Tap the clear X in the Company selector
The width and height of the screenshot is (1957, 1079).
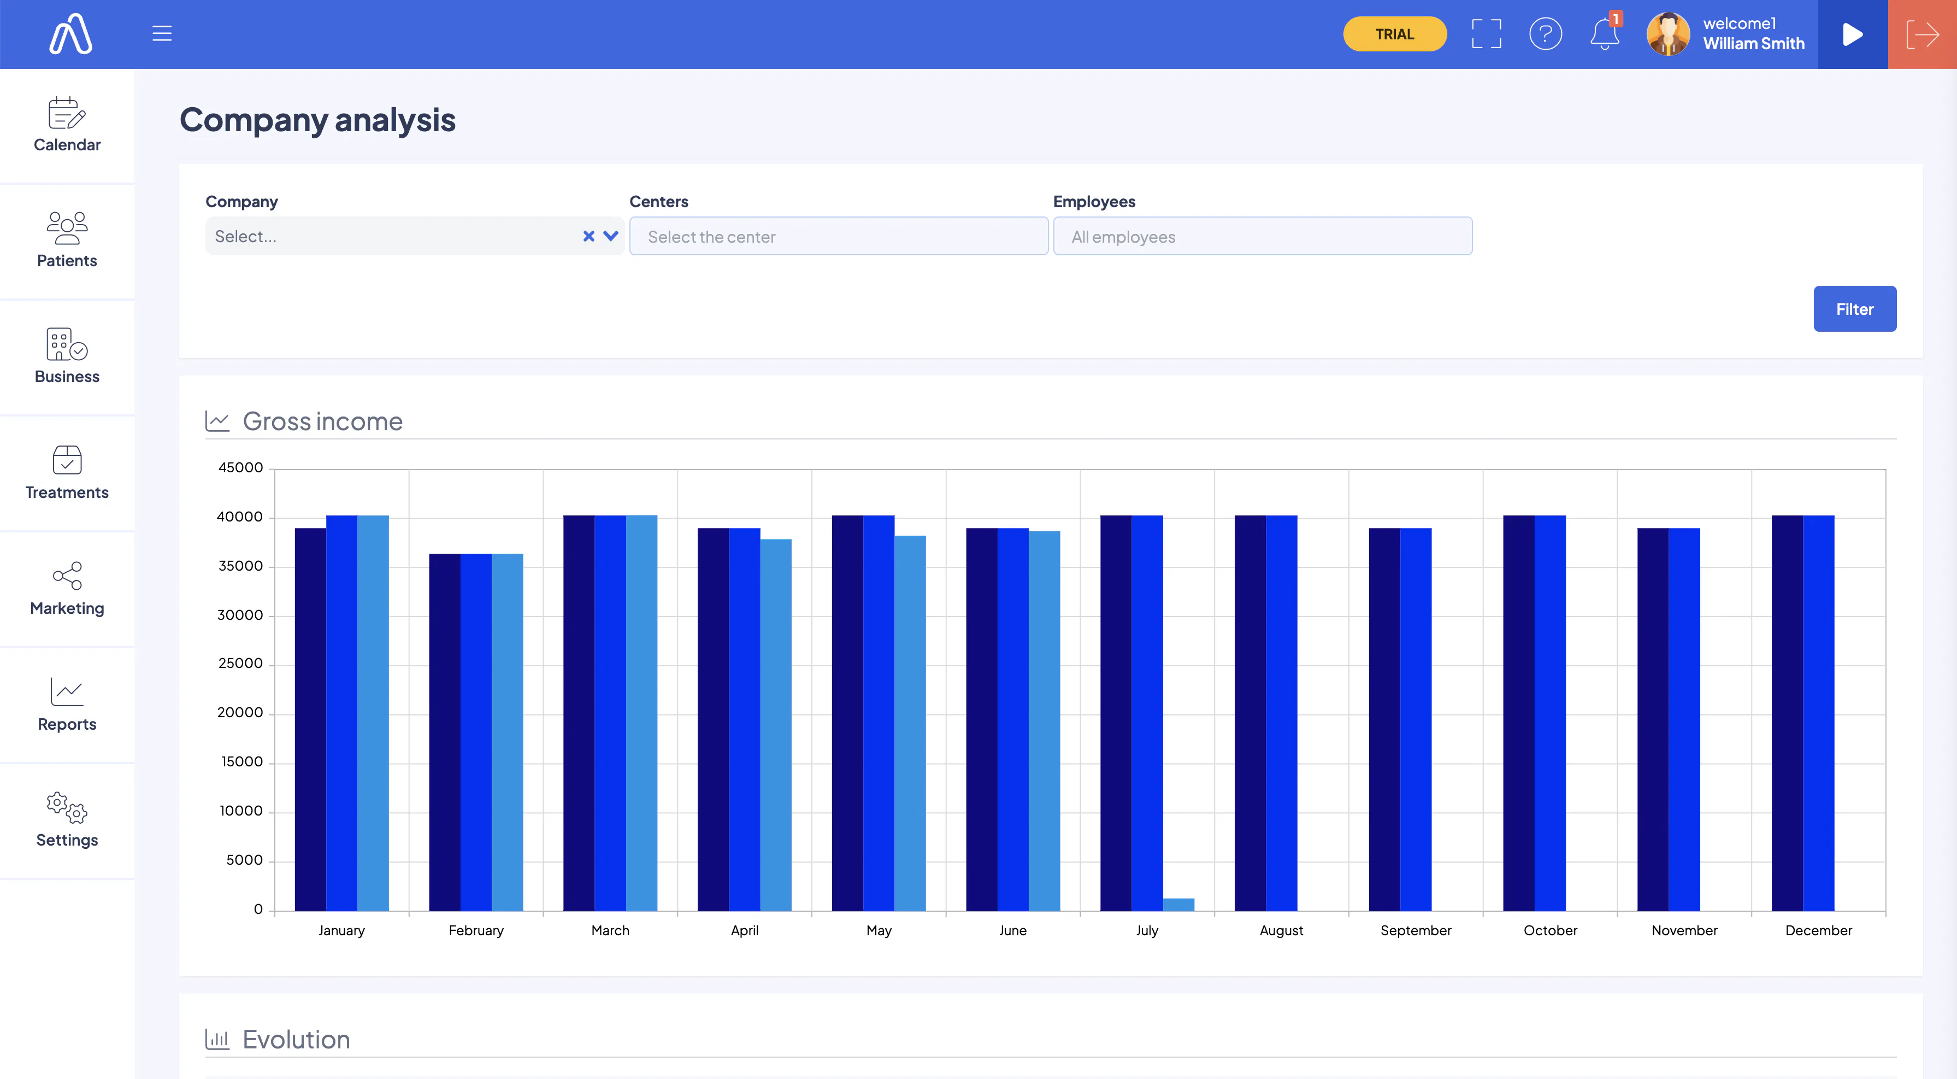[x=588, y=236]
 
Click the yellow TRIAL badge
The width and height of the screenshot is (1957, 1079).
[x=1394, y=34]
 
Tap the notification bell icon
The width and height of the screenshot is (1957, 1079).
[x=1604, y=34]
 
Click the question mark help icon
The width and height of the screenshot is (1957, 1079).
[x=1545, y=34]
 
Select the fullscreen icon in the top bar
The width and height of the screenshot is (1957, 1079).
[x=1486, y=34]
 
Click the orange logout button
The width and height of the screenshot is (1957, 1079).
[x=1922, y=34]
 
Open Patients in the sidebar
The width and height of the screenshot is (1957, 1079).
[x=67, y=240]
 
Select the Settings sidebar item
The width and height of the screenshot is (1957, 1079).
[x=67, y=819]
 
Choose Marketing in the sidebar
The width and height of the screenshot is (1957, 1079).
[x=67, y=588]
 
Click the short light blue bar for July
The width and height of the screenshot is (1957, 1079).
[x=1178, y=904]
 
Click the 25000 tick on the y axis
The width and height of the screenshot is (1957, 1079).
[x=240, y=664]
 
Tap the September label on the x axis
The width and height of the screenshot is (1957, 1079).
[x=1416, y=930]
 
